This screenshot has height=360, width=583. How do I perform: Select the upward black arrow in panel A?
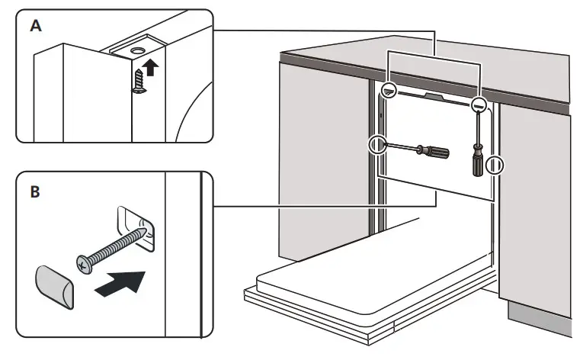pyautogui.click(x=152, y=68)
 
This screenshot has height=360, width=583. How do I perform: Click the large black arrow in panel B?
pyautogui.click(x=120, y=283)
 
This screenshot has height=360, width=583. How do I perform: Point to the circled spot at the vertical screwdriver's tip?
pyautogui.click(x=479, y=104)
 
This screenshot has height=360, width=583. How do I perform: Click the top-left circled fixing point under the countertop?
pyautogui.click(x=389, y=90)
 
